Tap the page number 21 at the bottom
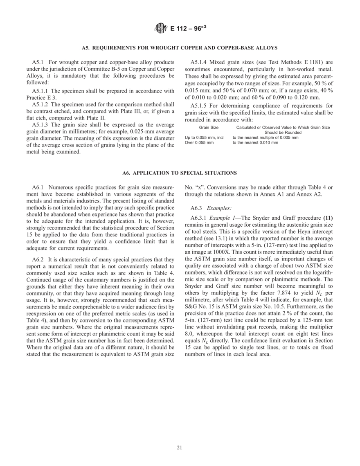[180, 447]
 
